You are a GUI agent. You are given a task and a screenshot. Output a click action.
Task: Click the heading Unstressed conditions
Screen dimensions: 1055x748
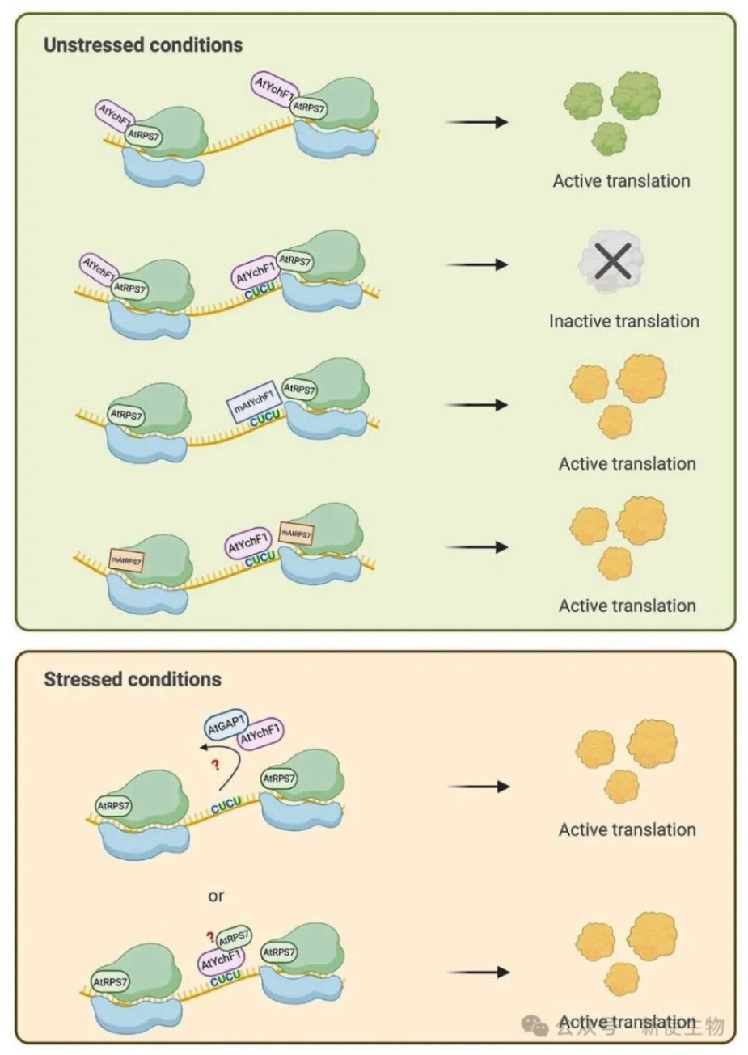[x=143, y=44]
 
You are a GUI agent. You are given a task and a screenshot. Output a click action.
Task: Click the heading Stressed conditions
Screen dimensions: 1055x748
[x=133, y=679]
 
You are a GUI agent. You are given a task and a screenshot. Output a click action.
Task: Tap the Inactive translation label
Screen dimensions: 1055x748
[x=623, y=321]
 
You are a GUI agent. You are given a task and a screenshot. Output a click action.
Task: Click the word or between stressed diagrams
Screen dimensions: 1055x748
[x=216, y=896]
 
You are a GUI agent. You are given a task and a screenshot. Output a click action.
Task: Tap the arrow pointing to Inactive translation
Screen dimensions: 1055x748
[x=477, y=264]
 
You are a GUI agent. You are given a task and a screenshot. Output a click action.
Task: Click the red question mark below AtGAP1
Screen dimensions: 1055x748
[x=216, y=766]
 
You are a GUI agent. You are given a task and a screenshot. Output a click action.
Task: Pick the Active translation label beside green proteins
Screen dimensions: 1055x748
[x=621, y=181]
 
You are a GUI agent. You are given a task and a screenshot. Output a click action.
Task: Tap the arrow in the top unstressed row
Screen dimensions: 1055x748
[x=477, y=122]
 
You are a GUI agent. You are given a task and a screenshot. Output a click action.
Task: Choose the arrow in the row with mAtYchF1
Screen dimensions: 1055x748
[x=477, y=404]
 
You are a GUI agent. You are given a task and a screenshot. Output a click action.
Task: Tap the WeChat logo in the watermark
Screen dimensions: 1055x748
[x=536, y=1026]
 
